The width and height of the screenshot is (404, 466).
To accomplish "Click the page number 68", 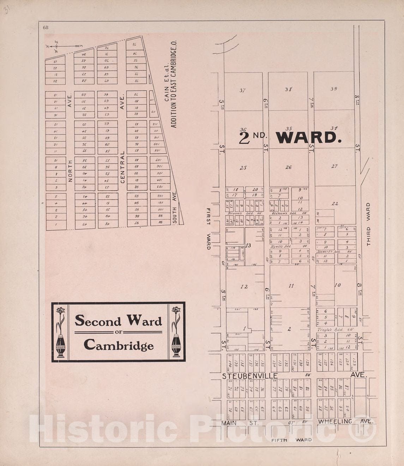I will click(46, 27).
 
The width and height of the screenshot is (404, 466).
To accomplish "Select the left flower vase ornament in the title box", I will click(60, 332).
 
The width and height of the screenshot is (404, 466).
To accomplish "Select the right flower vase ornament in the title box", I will click(176, 332).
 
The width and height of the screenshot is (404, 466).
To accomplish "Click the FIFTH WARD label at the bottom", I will click(291, 440).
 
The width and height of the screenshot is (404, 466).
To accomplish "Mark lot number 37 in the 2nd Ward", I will click(242, 90).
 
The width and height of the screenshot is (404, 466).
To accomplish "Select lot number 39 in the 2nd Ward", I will click(334, 89).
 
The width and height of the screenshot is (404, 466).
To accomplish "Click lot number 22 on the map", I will click(335, 203).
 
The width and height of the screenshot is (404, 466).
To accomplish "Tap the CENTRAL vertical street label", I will click(123, 167).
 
